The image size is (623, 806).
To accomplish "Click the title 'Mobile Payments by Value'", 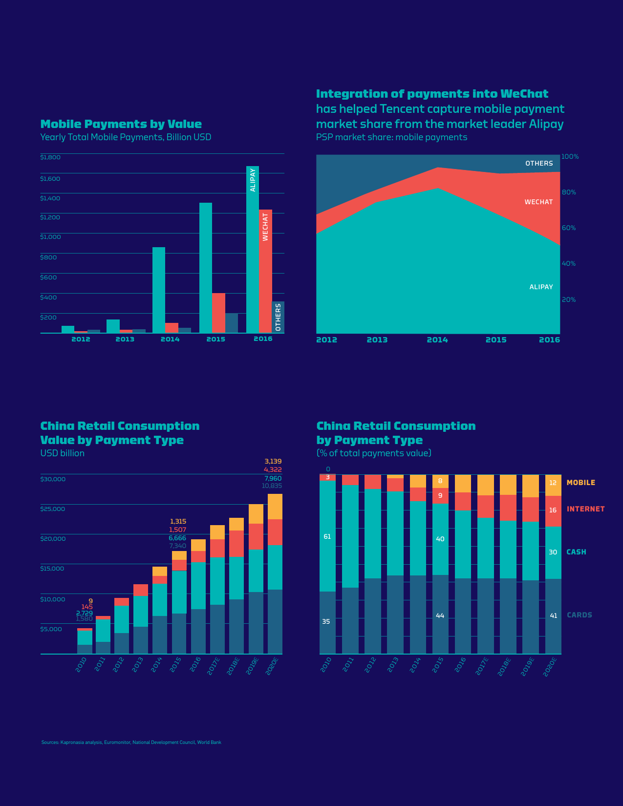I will (x=121, y=124).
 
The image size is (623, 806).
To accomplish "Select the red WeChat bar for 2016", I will (x=265, y=271).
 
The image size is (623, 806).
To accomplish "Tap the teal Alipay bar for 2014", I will (x=159, y=290).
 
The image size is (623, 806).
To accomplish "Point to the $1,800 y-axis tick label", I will (x=50, y=157).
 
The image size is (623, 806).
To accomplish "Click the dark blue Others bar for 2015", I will (x=232, y=323).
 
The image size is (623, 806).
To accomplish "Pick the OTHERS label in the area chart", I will (x=539, y=164).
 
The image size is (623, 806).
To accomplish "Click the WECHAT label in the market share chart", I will (x=538, y=202).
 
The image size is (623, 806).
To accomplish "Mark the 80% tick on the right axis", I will (x=569, y=192).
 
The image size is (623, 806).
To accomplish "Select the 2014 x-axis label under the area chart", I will (x=437, y=340).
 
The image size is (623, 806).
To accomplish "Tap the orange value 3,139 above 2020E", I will (x=273, y=461).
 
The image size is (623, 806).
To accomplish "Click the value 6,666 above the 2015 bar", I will (x=177, y=538).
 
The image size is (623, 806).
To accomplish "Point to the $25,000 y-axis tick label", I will (x=53, y=509).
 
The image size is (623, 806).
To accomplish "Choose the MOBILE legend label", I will (x=580, y=483).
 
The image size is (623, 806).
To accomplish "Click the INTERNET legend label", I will (x=585, y=509).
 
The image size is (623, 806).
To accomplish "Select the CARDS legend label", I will (x=579, y=615).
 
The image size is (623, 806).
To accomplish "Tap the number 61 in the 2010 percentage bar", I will (x=327, y=536).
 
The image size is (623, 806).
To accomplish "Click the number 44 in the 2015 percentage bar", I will (x=440, y=615).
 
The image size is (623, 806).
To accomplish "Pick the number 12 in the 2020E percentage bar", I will (x=553, y=483).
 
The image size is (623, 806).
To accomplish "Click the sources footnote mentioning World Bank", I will (x=131, y=742).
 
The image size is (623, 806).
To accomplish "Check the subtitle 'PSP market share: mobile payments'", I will (x=391, y=137).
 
